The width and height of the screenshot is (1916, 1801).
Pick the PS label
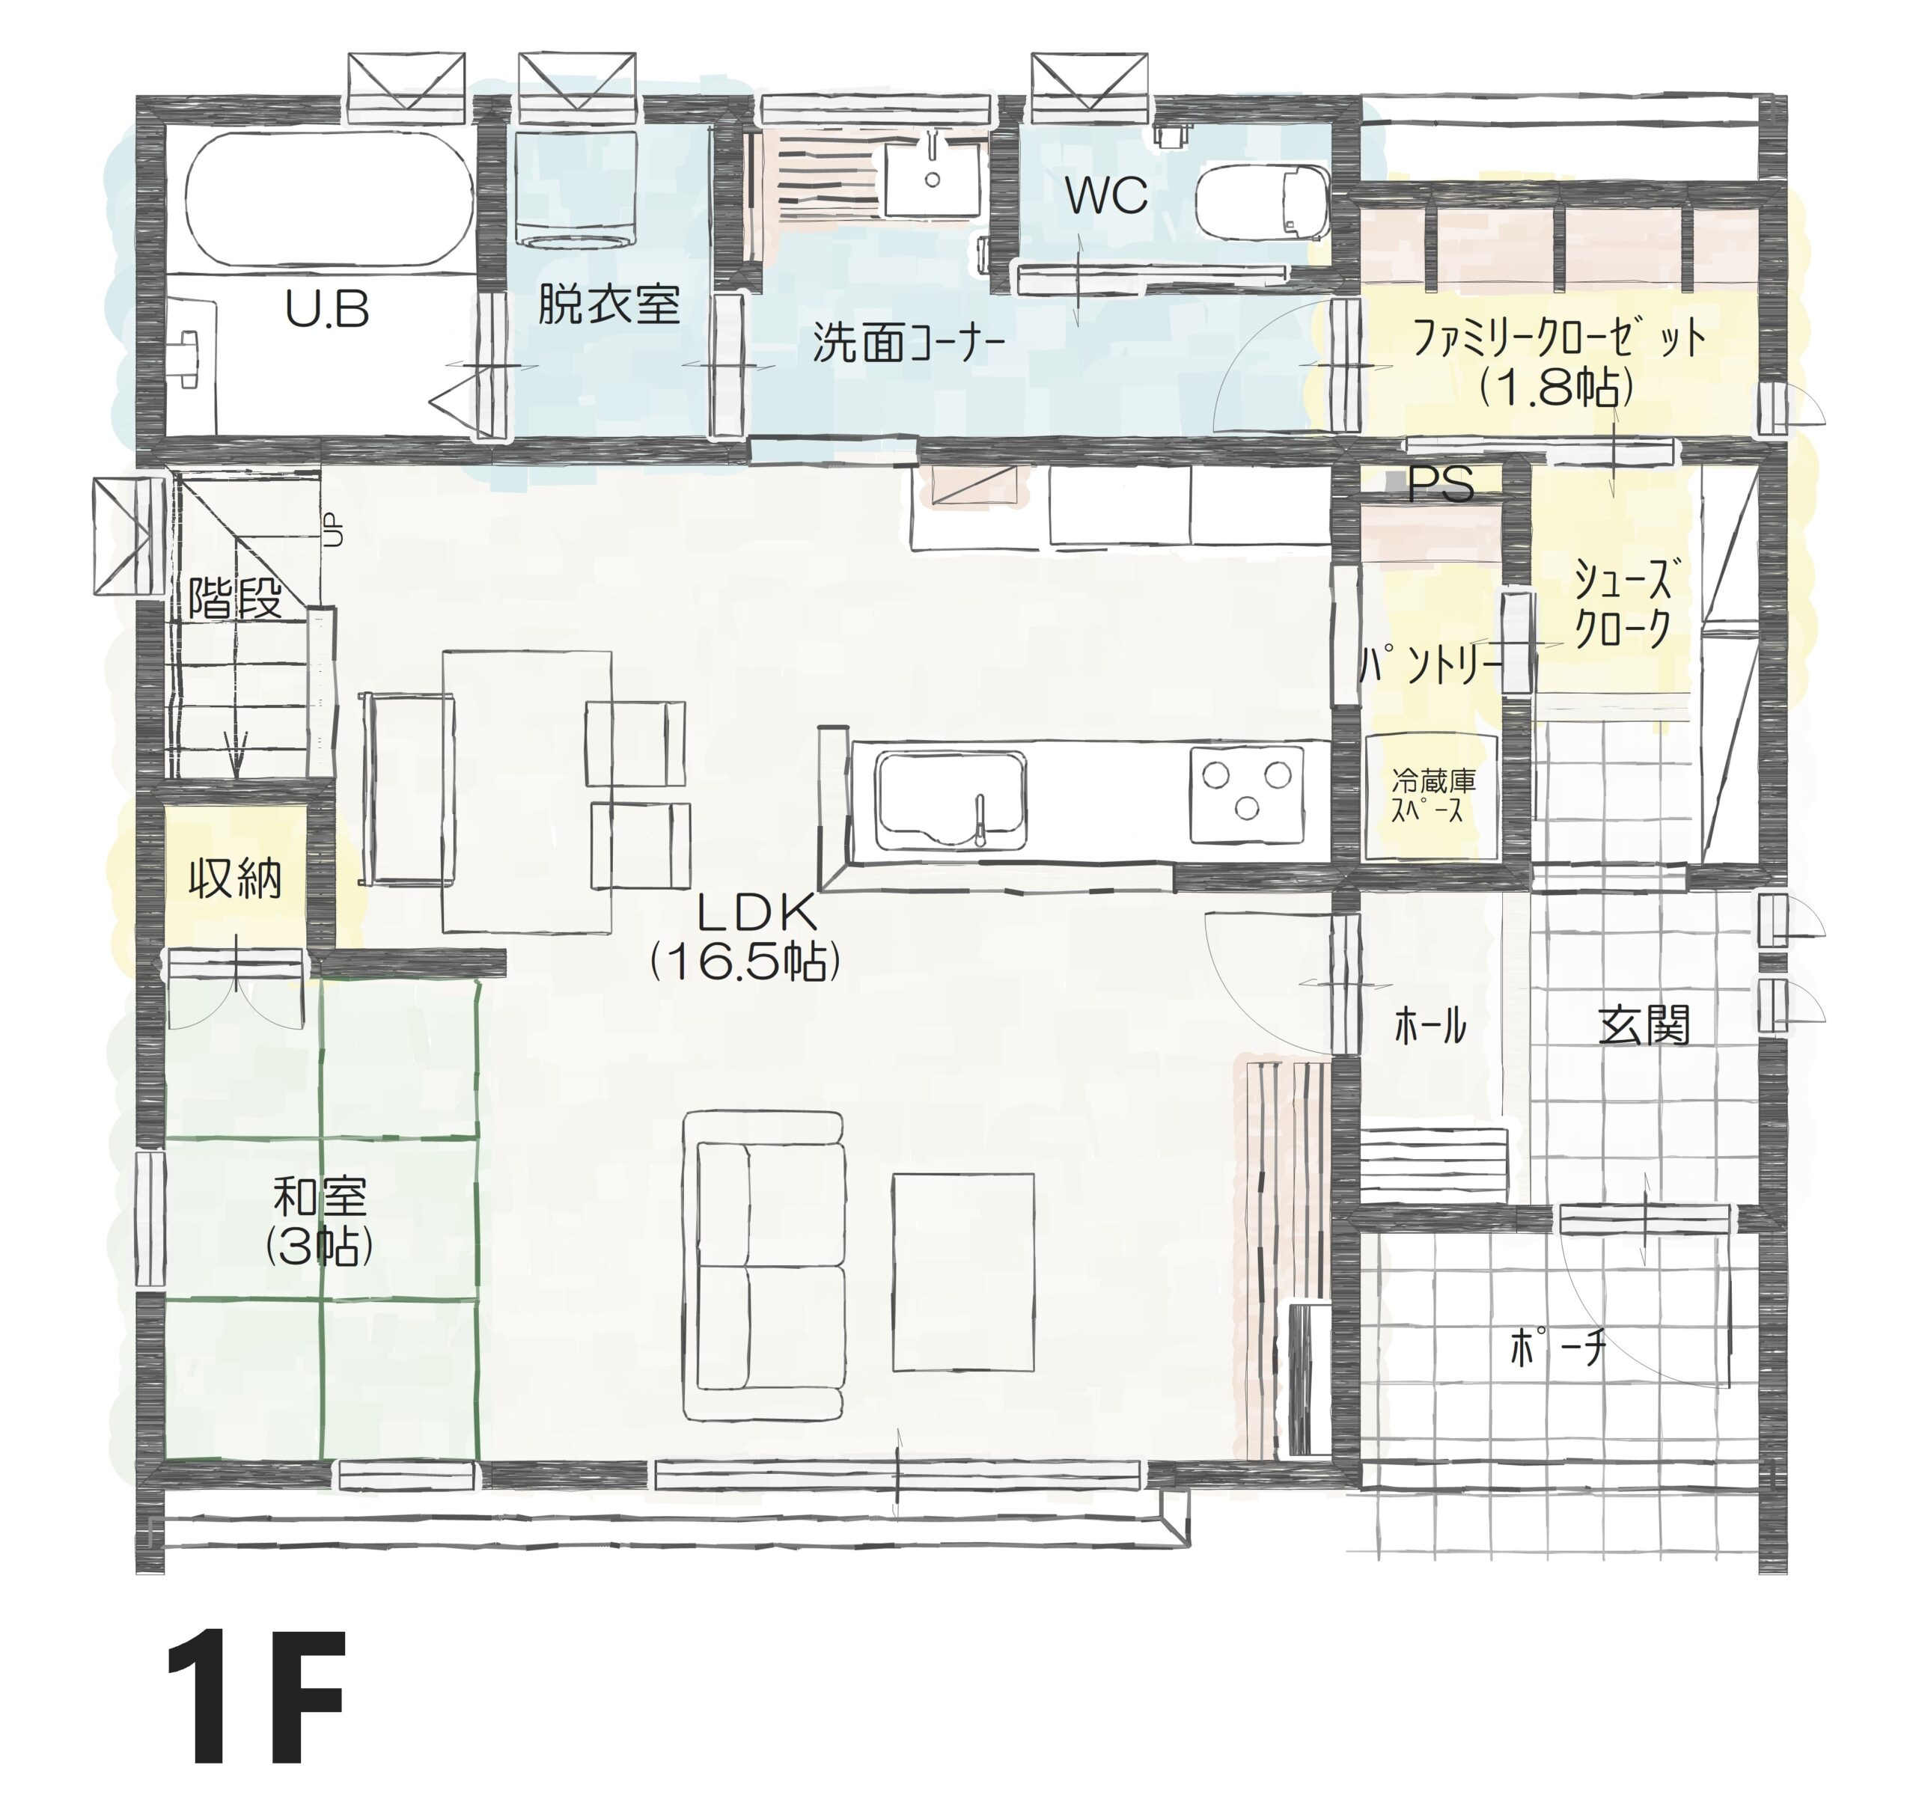coord(1440,485)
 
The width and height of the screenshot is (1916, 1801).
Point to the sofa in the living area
coord(765,1265)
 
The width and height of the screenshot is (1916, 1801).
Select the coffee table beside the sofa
coord(962,1272)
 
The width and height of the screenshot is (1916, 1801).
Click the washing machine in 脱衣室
coord(576,189)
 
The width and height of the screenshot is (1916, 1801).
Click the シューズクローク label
coord(1622,604)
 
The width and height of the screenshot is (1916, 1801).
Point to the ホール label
coord(1430,1027)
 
